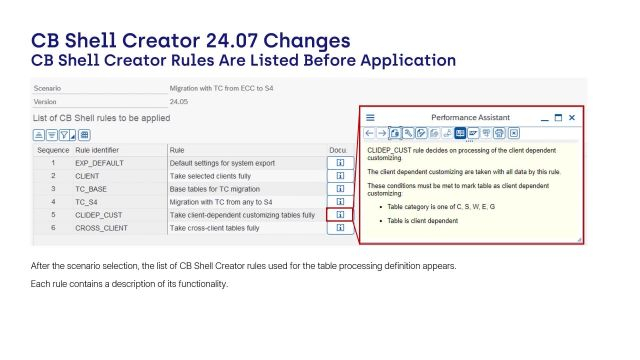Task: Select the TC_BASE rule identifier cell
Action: point(91,188)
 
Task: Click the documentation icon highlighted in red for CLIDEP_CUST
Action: point(340,215)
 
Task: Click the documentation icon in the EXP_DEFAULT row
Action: point(340,161)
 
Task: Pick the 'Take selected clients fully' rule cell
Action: point(219,175)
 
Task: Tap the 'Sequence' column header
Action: point(52,148)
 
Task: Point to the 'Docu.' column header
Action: point(338,148)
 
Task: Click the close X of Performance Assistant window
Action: point(572,117)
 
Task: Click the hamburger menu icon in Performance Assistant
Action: point(370,117)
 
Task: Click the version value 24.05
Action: point(179,101)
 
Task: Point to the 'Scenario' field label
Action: point(47,88)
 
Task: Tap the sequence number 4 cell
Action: point(52,201)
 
